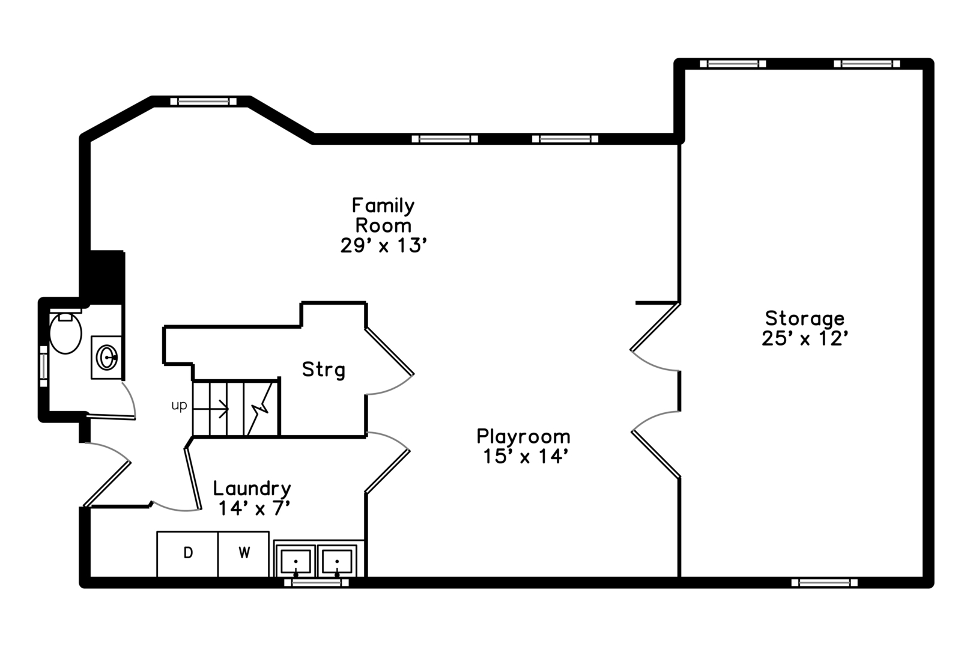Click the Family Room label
(383, 215)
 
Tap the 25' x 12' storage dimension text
(805, 339)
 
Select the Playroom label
(523, 436)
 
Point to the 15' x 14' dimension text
(526, 457)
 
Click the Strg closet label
(324, 370)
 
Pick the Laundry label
(252, 489)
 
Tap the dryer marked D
(187, 554)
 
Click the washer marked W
(244, 554)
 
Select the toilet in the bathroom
(65, 332)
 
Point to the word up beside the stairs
(179, 405)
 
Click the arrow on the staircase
(211, 409)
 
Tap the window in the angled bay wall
(203, 102)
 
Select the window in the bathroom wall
(44, 366)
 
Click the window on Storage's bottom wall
(825, 582)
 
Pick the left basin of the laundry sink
(296, 561)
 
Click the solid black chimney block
(107, 276)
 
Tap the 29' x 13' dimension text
(384, 246)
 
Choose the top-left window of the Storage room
(733, 64)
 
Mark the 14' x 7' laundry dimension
(254, 508)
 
